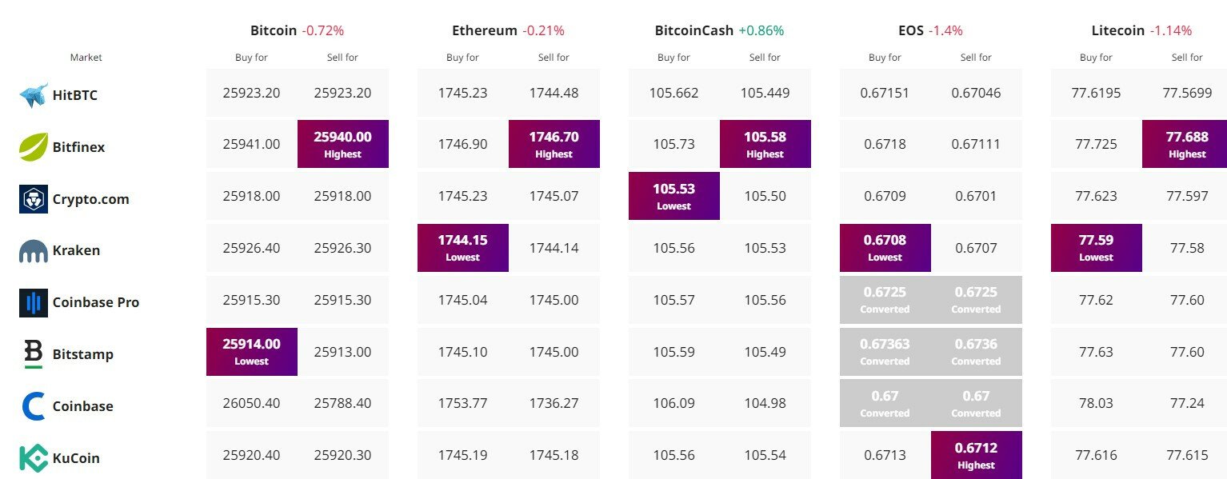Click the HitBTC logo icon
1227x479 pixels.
click(x=34, y=95)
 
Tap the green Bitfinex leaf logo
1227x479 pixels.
click(x=34, y=146)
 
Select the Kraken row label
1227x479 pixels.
click(x=76, y=251)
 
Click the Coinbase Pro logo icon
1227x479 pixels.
click(x=34, y=303)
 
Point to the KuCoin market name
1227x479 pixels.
click(x=76, y=458)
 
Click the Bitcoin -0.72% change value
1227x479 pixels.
click(x=323, y=30)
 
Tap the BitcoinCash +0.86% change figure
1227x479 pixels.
click(x=761, y=30)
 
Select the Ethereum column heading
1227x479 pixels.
click(x=484, y=30)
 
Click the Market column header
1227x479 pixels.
click(x=86, y=58)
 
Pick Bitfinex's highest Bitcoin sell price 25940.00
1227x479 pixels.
click(x=343, y=144)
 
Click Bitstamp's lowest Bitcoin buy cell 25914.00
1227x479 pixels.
click(x=252, y=351)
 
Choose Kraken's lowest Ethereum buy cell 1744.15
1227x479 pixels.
click(x=463, y=247)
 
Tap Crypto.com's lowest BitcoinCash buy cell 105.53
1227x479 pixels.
click(x=674, y=196)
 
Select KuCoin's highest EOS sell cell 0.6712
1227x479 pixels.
click(x=976, y=455)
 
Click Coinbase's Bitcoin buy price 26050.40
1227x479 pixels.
click(x=251, y=404)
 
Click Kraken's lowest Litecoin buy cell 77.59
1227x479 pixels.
click(x=1097, y=247)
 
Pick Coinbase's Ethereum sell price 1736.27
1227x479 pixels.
click(x=554, y=404)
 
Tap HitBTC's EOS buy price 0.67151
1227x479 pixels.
click(x=885, y=93)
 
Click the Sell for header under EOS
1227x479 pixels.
click(x=976, y=58)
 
